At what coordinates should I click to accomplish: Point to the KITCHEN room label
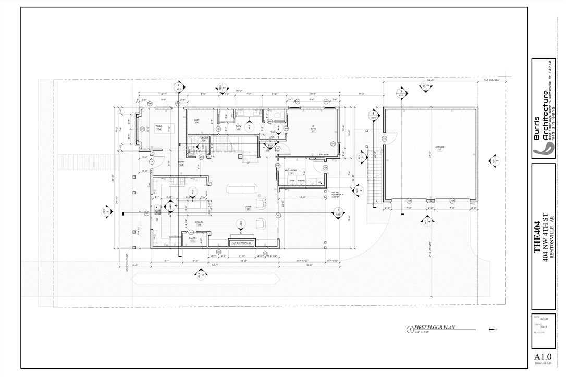coord(199,223)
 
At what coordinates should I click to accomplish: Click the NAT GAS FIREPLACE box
coord(242,243)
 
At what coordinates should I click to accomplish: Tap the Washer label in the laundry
coord(301,181)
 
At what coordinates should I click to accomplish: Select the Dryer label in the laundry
coord(292,181)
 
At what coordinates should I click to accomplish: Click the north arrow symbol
coord(493,329)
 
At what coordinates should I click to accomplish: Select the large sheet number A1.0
coord(543,357)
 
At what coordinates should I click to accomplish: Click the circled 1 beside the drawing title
coord(410,330)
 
